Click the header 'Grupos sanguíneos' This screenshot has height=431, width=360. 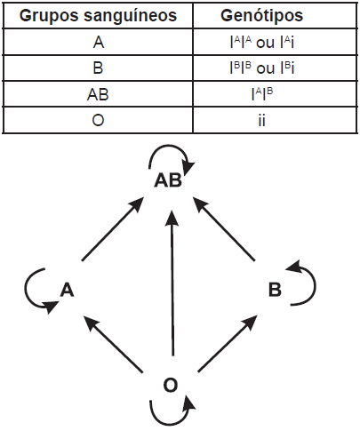[x=98, y=15]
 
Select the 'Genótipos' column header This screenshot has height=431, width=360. [x=262, y=15]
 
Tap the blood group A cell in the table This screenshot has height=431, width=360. [x=99, y=42]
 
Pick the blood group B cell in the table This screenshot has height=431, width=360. [x=98, y=68]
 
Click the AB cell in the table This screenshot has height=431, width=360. [x=98, y=94]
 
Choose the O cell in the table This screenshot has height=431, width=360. [x=98, y=121]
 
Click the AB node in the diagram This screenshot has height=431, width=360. [x=168, y=180]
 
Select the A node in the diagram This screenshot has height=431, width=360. [x=67, y=290]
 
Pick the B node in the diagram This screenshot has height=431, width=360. [x=275, y=290]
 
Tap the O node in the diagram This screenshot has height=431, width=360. [x=171, y=386]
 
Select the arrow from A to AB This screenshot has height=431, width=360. [x=112, y=228]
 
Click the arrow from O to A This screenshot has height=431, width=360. [x=113, y=344]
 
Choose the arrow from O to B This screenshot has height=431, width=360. [x=228, y=343]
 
